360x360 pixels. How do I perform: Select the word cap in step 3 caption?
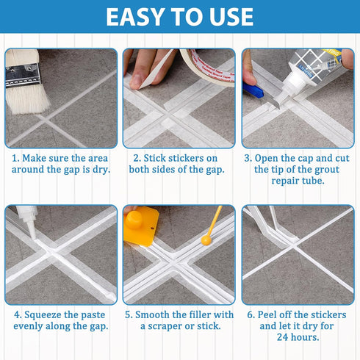click(309, 157)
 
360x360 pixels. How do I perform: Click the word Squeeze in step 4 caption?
click(43, 314)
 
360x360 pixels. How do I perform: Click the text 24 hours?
click(298, 337)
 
